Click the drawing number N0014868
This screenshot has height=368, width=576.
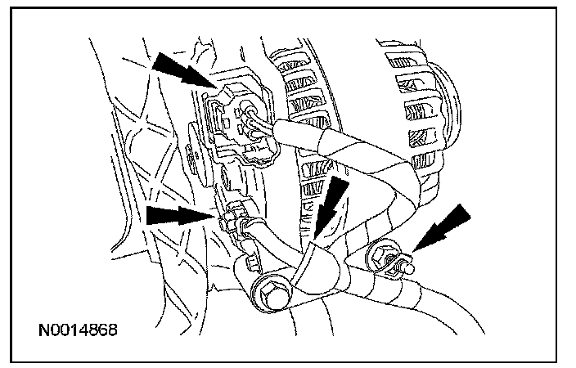click(78, 330)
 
